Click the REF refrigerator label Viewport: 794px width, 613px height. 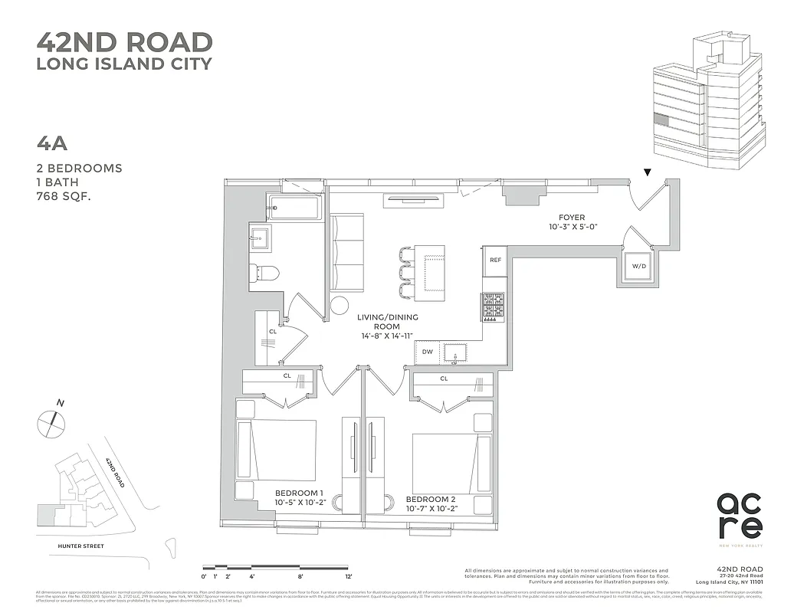pyautogui.click(x=495, y=261)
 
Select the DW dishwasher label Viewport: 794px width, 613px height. pyautogui.click(x=428, y=352)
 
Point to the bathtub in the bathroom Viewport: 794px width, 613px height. pyautogui.click(x=294, y=207)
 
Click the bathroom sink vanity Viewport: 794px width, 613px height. pyautogui.click(x=261, y=238)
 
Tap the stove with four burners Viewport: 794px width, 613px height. pyautogui.click(x=494, y=307)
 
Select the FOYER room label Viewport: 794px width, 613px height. pyautogui.click(x=572, y=218)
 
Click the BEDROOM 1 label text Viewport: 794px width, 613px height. pyautogui.click(x=300, y=493)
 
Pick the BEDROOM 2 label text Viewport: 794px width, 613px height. pyautogui.click(x=431, y=499)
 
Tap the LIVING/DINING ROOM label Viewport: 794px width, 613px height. pyautogui.click(x=387, y=326)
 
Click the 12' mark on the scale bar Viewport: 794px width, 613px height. pyautogui.click(x=349, y=575)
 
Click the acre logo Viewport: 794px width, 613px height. pyautogui.click(x=739, y=515)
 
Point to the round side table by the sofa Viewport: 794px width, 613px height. pyautogui.click(x=340, y=305)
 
